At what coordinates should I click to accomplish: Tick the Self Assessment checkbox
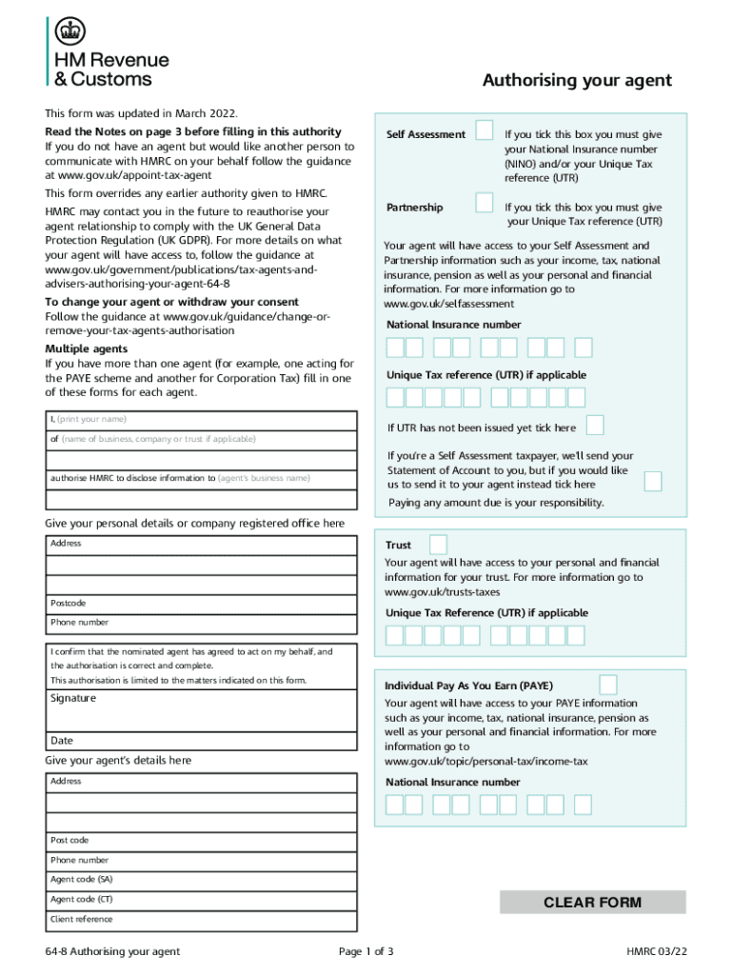485,130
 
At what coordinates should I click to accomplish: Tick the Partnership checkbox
485,203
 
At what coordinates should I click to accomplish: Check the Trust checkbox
438,545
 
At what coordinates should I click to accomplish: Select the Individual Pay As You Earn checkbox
606,685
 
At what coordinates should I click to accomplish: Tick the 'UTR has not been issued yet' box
594,425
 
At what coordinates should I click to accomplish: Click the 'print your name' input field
202,420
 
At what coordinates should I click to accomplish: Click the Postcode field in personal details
202,604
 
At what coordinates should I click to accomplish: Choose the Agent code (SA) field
202,880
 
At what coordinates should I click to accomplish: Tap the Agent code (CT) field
202,900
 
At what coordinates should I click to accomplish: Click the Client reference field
202,920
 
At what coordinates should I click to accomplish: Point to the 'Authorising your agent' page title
576,81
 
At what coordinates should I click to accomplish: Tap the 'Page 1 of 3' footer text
366,951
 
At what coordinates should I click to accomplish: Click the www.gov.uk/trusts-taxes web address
442,592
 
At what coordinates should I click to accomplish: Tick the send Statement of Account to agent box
652,481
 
